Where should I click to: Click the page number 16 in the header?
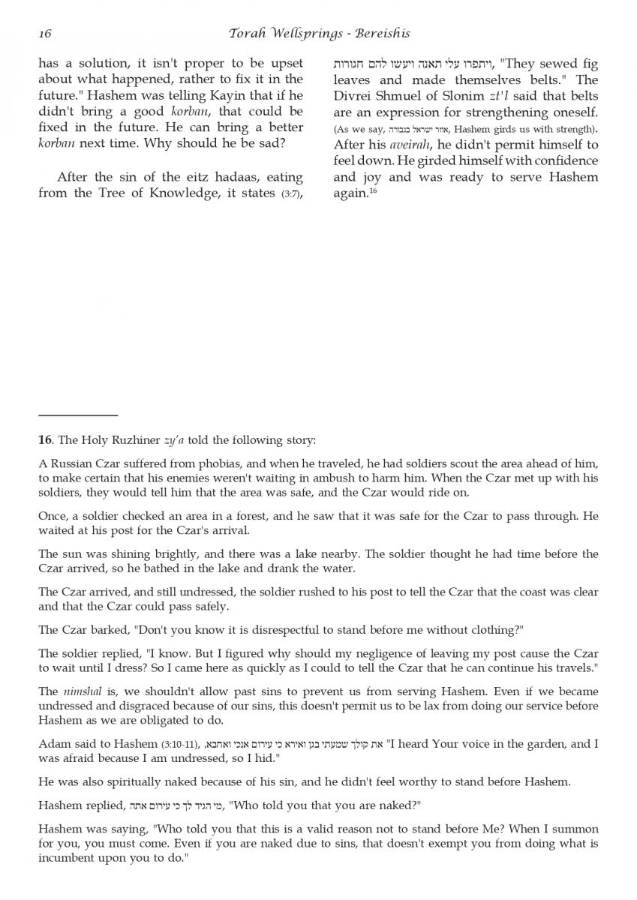pyautogui.click(x=44, y=34)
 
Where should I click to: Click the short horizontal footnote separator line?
pyautogui.click(x=78, y=415)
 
